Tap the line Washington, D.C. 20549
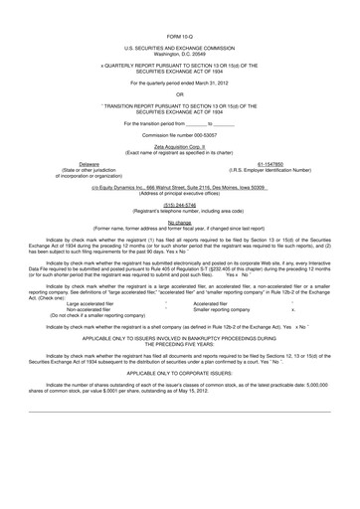180,54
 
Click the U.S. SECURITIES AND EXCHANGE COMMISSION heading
180,47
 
